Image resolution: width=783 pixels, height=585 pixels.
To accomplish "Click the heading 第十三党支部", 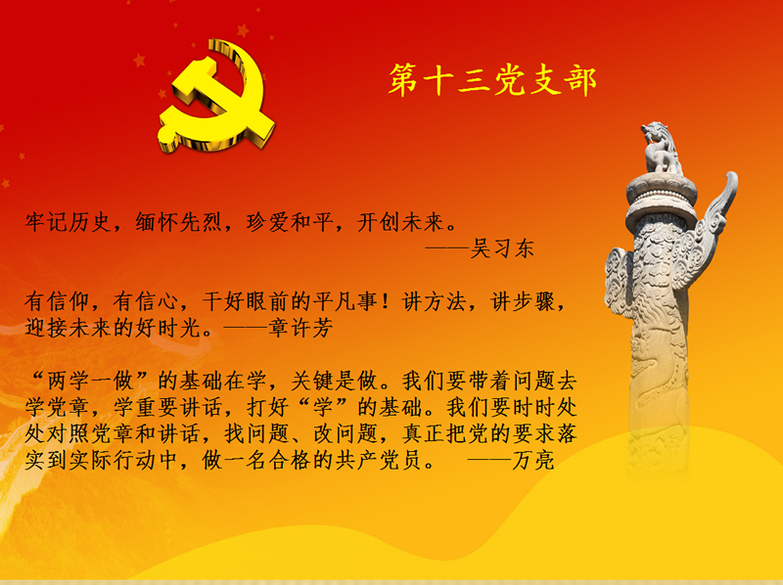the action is point(492,79).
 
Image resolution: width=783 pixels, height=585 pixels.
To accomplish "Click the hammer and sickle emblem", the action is point(215,96).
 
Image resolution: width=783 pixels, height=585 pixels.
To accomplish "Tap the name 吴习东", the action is point(502,248).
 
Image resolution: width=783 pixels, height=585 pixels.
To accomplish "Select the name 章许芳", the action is point(300,328).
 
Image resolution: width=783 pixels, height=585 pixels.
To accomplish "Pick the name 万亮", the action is point(533,460).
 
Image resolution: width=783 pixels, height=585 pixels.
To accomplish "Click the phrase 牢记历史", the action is point(68,222).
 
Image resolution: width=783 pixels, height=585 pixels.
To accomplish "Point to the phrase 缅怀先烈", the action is point(178,222).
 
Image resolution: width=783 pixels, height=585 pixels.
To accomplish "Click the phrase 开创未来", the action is point(400,222).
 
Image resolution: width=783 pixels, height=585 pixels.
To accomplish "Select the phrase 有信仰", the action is point(58,301).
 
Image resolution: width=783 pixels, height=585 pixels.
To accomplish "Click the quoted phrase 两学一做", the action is point(90,382).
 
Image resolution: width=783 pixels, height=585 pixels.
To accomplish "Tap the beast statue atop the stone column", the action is point(660,148).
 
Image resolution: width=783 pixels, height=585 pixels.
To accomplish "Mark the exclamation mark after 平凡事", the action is point(386,301).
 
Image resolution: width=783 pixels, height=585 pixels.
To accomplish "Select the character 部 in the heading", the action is point(580,80).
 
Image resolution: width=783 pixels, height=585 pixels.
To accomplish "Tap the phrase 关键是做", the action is point(334,382).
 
